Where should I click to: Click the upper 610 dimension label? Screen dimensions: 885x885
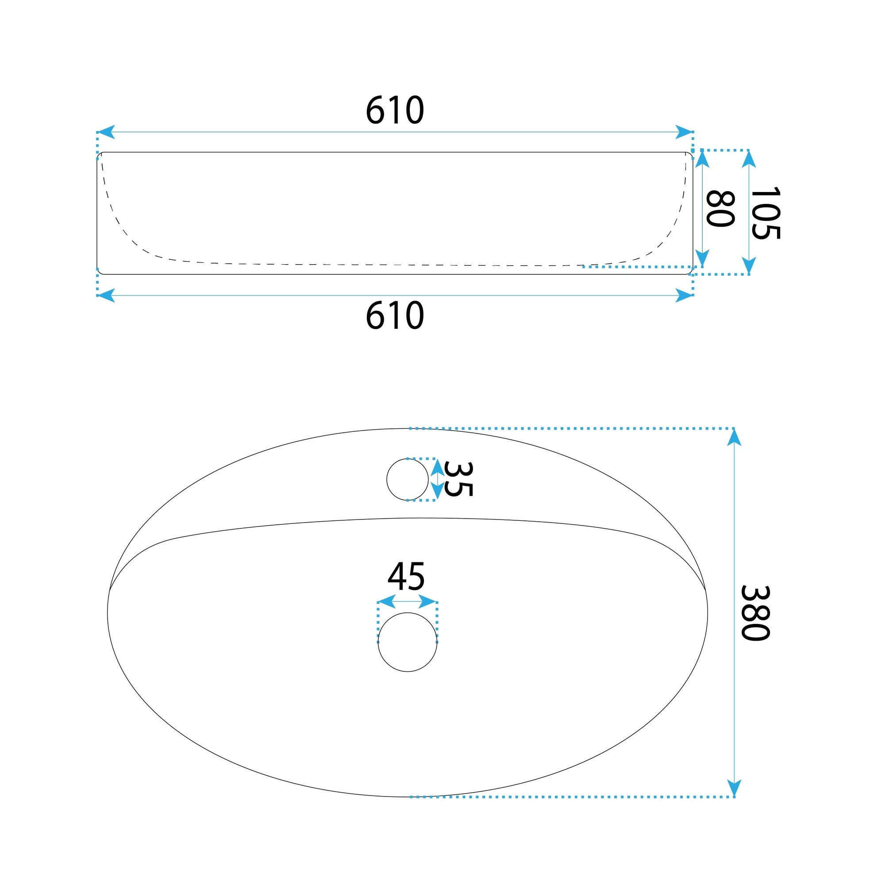tap(395, 110)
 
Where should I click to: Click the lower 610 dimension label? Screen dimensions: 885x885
tap(395, 316)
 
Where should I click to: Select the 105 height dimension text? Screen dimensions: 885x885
tap(765, 212)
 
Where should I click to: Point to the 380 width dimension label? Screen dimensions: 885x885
tap(755, 613)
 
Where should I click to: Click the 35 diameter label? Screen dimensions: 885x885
tap(458, 479)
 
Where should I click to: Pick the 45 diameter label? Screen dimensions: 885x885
tap(406, 577)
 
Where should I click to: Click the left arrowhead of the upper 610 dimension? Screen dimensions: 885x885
tap(106, 132)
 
